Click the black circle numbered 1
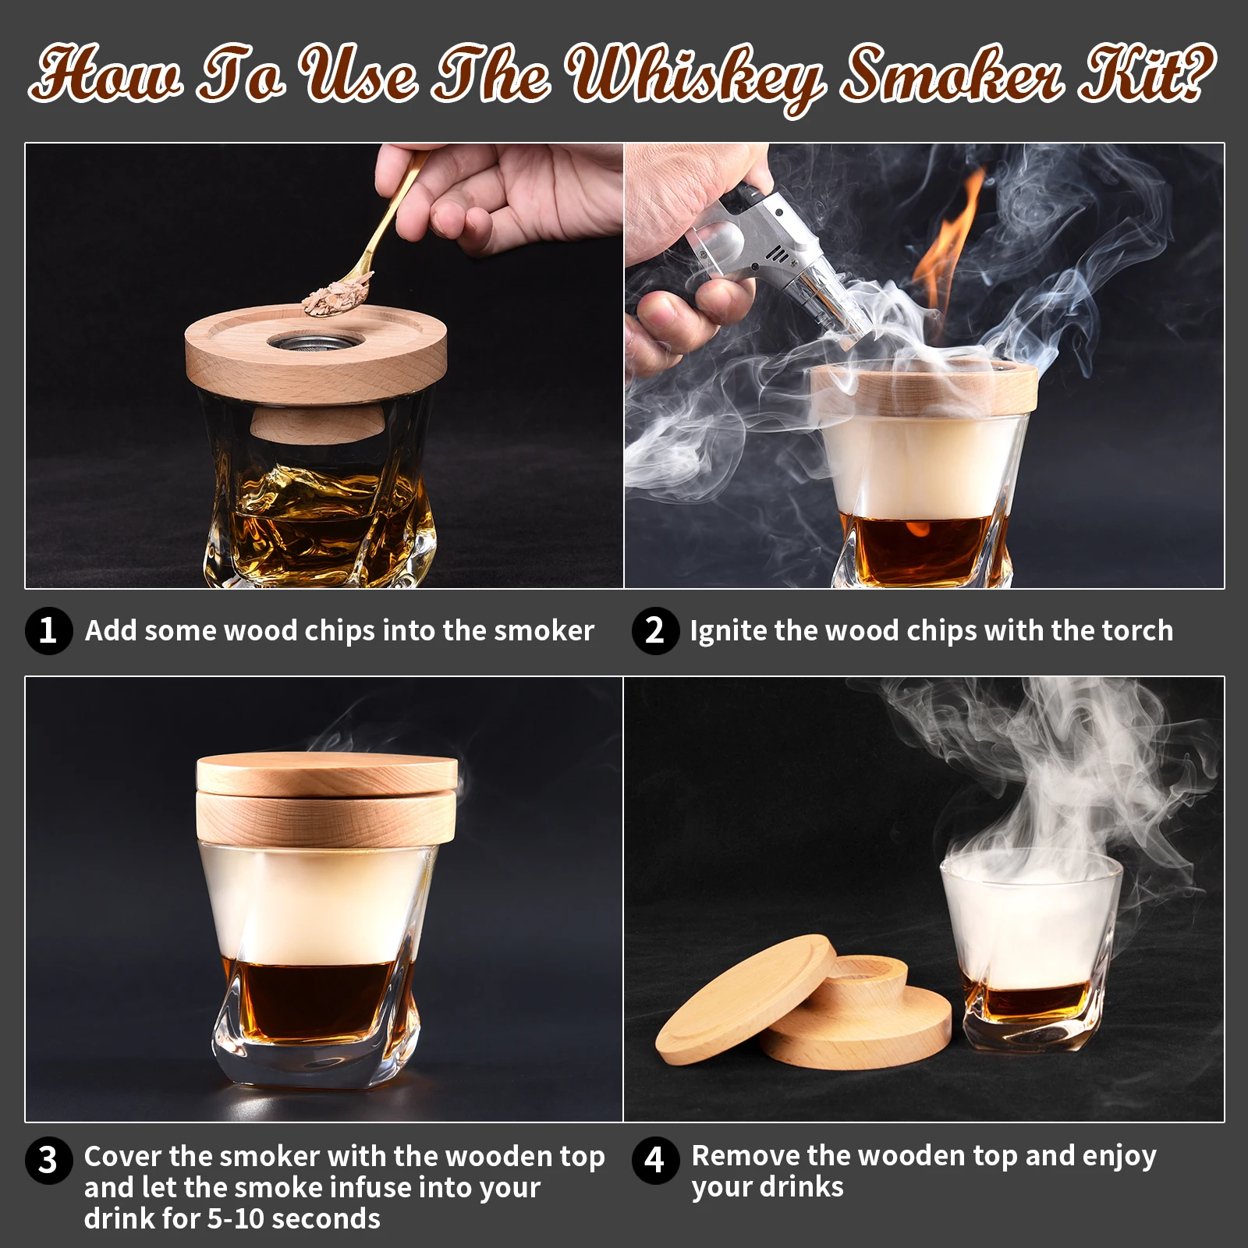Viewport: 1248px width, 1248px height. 48,630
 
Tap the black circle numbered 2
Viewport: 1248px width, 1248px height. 654,630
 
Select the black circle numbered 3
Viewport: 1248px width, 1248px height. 48,1160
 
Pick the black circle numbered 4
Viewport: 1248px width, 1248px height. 654,1160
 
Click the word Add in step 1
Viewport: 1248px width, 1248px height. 110,630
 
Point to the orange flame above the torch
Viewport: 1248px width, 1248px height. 948,234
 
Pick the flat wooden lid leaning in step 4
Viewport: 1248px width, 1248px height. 741,994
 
